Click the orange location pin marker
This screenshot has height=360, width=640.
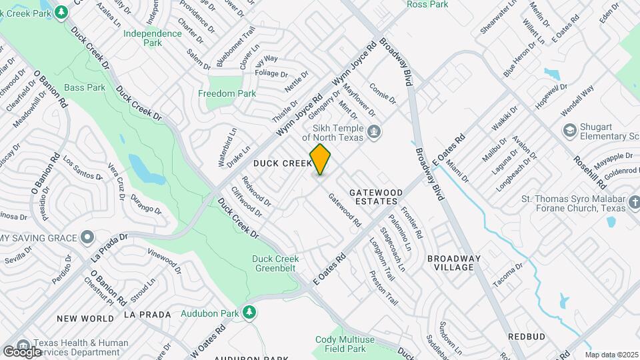tap(321, 159)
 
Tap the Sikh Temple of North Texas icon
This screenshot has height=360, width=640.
tap(375, 132)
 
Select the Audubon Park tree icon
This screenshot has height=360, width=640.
tap(249, 312)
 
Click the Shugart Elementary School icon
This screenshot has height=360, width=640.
tap(569, 129)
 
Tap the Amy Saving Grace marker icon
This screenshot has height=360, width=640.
tap(87, 237)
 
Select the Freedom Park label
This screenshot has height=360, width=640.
tap(227, 94)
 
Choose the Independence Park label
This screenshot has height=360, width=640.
tap(143, 38)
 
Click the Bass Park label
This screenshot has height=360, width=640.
tap(85, 87)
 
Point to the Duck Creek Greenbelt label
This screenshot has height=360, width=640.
tap(275, 263)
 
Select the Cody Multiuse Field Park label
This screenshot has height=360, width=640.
tap(340, 343)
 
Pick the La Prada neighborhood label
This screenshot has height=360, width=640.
tap(147, 314)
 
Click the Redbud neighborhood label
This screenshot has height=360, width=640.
tap(527, 337)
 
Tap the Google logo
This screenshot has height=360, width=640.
tap(22, 351)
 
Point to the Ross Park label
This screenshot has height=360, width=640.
tap(427, 4)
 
